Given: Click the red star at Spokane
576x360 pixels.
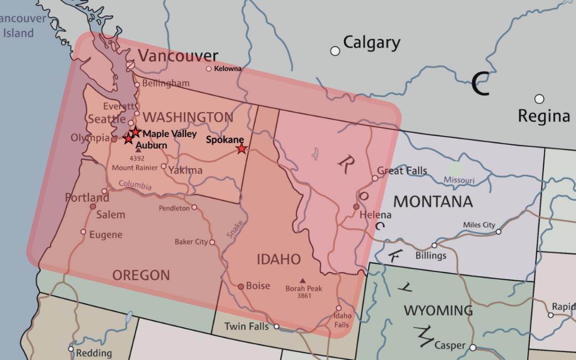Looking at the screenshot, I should tap(242, 149).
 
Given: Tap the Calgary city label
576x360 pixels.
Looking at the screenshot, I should tap(372, 43).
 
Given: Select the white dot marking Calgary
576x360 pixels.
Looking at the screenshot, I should tap(335, 51).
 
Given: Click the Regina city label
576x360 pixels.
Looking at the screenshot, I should tap(544, 116).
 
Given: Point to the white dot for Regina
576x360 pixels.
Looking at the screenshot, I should tap(539, 99).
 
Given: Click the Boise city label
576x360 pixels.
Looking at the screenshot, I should tap(258, 286).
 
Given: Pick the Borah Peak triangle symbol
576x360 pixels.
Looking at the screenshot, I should tap(303, 281).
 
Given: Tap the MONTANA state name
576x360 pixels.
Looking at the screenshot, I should tap(433, 202).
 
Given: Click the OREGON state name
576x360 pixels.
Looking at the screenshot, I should tap(141, 275).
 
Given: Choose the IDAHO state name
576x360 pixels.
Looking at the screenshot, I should tap(279, 259).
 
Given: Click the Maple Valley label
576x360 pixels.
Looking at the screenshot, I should tap(170, 134).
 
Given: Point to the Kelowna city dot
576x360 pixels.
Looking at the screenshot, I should tap(209, 69).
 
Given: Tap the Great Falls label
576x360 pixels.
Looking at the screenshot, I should tap(402, 171).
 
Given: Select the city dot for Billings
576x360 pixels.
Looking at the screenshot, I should tap(434, 245).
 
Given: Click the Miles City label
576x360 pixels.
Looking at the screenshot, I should tap(479, 225).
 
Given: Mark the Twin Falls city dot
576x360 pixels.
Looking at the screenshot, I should tap(276, 326).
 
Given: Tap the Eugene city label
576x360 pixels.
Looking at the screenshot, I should tap(106, 235).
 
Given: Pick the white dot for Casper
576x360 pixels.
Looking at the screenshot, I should tap(473, 347).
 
